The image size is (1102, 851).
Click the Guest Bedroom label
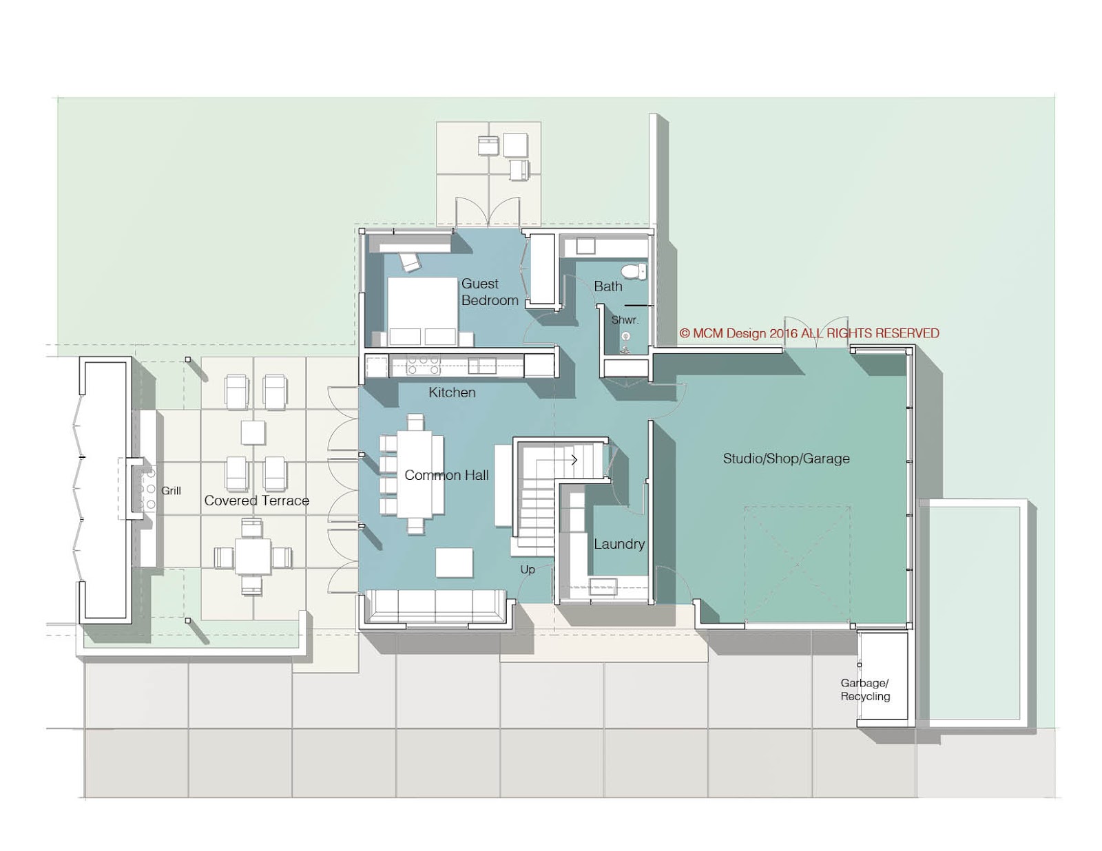point(489,292)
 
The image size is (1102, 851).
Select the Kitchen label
point(452,392)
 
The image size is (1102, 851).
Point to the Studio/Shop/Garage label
point(786,459)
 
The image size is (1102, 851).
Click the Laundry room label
point(619,544)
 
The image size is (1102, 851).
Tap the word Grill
point(171,491)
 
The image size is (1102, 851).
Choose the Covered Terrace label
point(256,501)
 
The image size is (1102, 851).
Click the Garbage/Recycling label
point(865,689)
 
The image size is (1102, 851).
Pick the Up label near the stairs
point(528,569)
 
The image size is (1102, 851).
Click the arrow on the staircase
point(573,459)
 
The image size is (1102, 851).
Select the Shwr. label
point(625,320)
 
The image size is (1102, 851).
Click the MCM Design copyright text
point(809,333)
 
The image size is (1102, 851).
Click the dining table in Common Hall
point(415,474)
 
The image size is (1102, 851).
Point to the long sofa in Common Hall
point(436,606)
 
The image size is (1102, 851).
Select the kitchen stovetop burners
point(423,364)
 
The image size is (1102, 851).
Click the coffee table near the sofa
point(455,562)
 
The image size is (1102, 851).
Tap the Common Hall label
point(446,475)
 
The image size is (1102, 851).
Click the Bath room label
point(607,286)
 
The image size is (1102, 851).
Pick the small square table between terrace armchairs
point(253,432)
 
